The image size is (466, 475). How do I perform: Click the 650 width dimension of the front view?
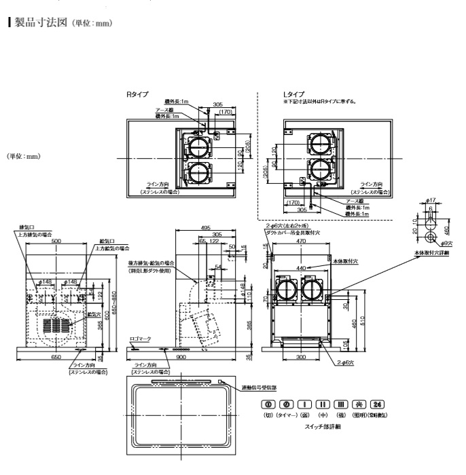tap(58, 356)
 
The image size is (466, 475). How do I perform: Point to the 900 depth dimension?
tap(181, 356)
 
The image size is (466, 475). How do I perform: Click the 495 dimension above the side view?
tap(205, 228)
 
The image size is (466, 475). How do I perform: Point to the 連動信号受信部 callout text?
tap(262, 388)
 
